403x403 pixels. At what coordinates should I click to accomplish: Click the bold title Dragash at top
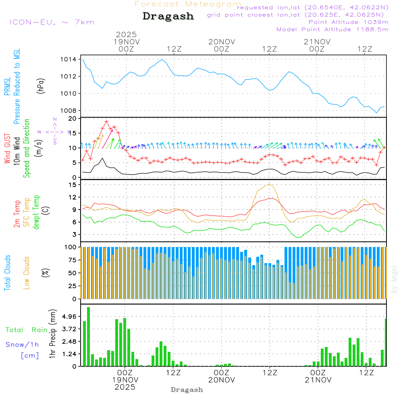tap(168, 17)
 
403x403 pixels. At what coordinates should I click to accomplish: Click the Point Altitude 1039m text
tap(348, 22)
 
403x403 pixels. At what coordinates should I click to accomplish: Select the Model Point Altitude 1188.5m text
tap(332, 29)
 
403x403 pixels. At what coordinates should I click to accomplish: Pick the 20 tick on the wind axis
tap(73, 118)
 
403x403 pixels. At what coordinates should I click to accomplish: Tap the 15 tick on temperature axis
tap(73, 185)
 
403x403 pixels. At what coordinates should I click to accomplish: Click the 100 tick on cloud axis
tap(71, 247)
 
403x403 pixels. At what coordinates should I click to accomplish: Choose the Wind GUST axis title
tap(8, 149)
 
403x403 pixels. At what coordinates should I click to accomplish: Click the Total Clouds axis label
tap(8, 273)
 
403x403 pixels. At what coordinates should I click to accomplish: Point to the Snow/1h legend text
tap(22, 345)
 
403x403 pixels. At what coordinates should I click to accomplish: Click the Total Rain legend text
tap(26, 330)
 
